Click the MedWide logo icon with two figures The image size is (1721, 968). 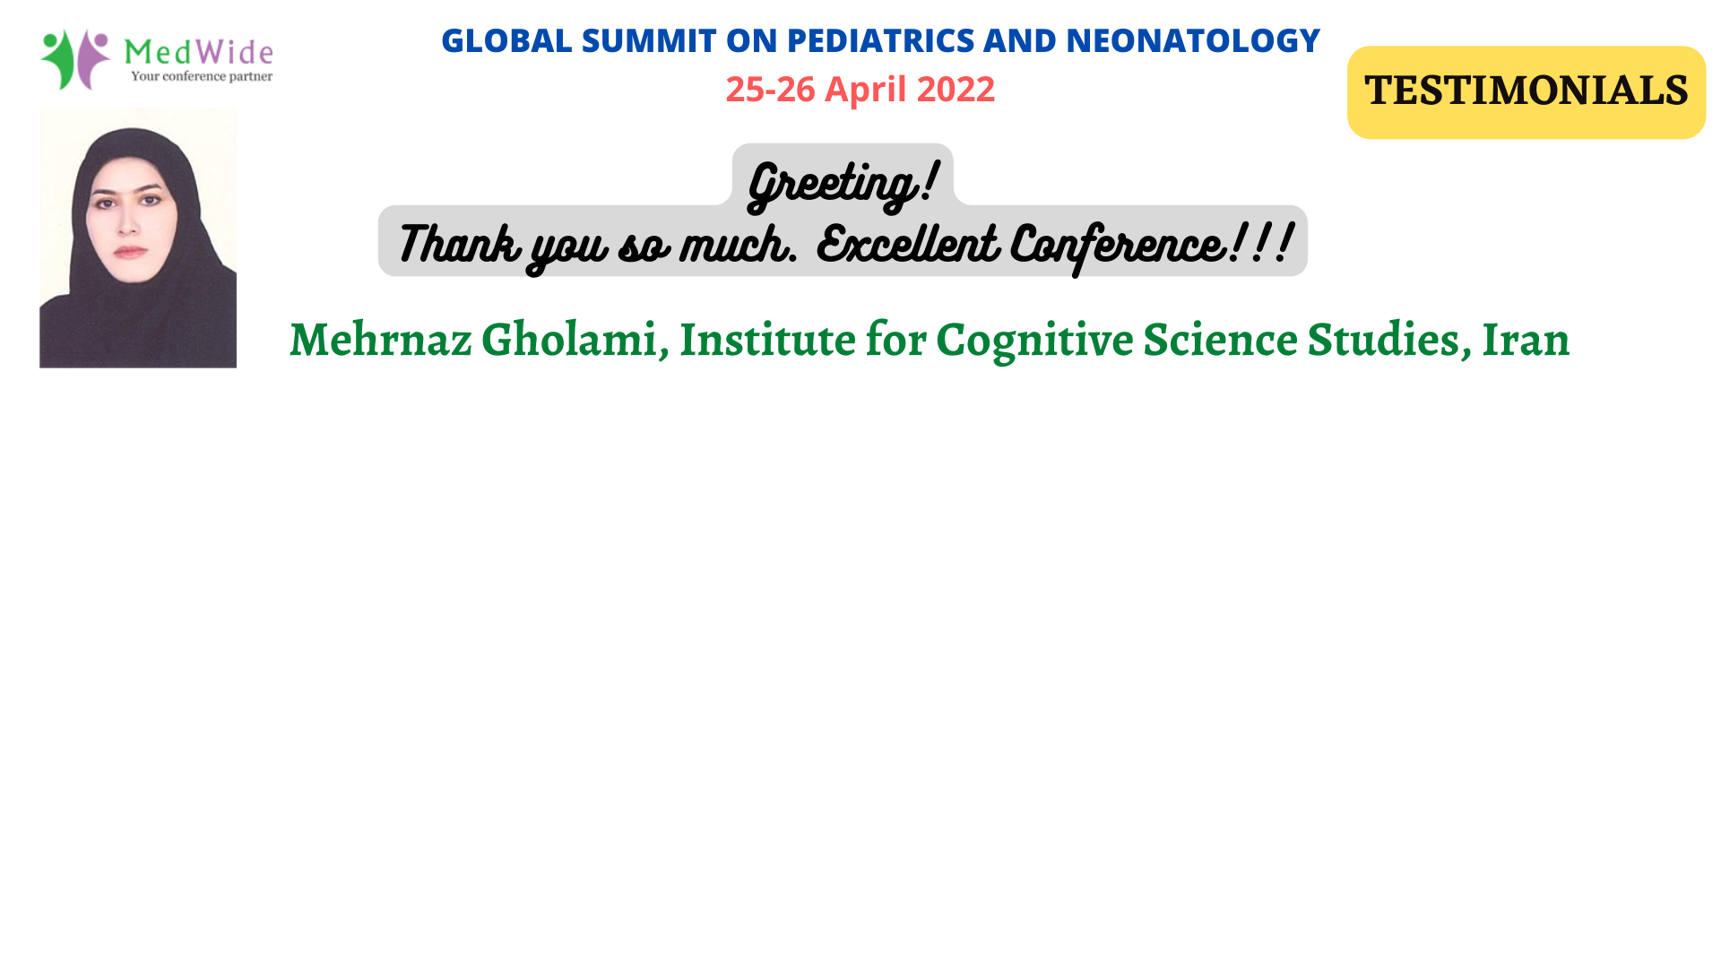pos(75,59)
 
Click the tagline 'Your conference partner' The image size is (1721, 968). pos(202,76)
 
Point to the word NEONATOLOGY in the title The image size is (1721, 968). pos(1193,40)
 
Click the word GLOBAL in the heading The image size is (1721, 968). pos(506,40)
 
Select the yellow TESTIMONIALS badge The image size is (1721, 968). pos(1526,91)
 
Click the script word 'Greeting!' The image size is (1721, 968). pos(843,185)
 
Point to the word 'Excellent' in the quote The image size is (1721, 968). pos(907,243)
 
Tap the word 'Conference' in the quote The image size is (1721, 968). pos(1118,245)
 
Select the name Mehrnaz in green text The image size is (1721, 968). pos(380,340)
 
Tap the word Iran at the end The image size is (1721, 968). pos(1526,340)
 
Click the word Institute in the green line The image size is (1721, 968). pos(767,340)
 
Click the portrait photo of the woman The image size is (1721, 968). pos(138,238)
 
